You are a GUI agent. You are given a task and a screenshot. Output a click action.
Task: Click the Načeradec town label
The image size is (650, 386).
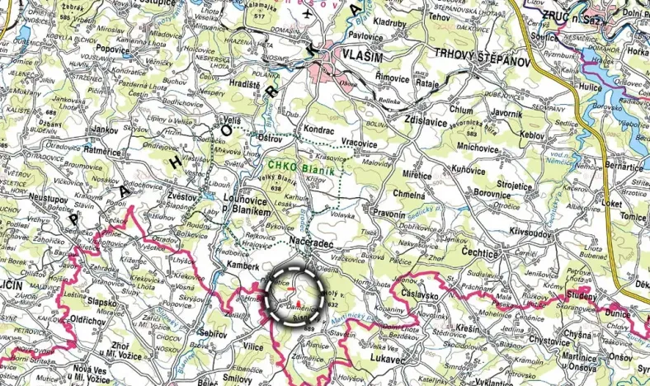pyautogui.click(x=312, y=239)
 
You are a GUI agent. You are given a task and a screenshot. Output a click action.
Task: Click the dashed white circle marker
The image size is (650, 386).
pyautogui.click(x=295, y=297)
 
